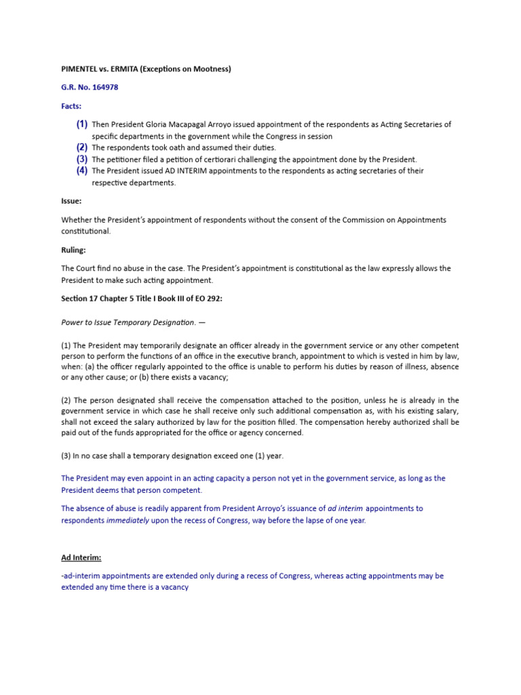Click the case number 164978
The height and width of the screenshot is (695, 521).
(102, 88)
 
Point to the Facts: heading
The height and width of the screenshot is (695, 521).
(72, 107)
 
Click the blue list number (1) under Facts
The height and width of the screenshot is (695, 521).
(81, 124)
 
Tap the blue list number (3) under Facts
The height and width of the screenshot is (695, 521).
(81, 159)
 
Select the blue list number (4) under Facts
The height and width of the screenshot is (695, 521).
(81, 170)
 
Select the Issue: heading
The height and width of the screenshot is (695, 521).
(71, 202)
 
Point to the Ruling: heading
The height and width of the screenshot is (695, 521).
(74, 250)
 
